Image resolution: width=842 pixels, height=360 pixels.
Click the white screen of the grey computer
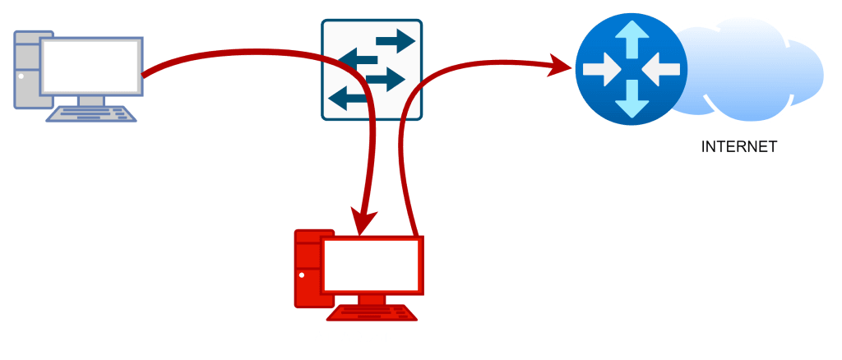[x=90, y=67]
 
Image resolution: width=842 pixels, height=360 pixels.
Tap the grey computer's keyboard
[x=90, y=113]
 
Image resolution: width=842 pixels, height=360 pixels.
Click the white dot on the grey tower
[x=21, y=76]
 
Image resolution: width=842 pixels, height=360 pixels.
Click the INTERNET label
[x=738, y=147]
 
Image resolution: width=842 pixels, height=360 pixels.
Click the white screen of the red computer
[x=372, y=265]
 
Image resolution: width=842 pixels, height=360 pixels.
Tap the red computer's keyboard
[x=372, y=313]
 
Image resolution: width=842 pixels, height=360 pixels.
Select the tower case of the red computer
[x=308, y=267]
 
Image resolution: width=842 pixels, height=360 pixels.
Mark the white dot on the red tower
[x=302, y=275]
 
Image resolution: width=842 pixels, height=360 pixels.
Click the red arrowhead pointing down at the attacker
[x=364, y=219]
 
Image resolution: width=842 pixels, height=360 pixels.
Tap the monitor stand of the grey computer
[x=90, y=100]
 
